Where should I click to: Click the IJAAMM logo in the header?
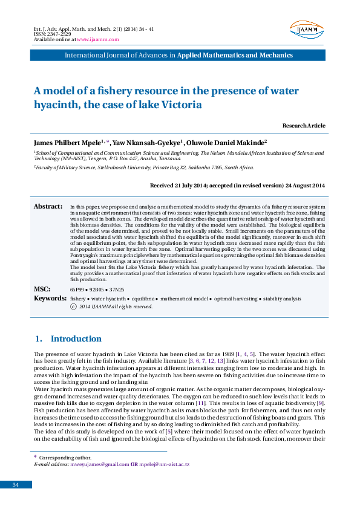(307, 30)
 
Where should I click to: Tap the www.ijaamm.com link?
(98, 39)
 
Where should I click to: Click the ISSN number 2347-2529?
(53, 34)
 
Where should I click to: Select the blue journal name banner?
(180, 55)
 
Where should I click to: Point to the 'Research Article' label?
(304, 126)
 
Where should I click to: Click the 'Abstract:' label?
(48, 207)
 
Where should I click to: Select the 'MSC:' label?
(42, 290)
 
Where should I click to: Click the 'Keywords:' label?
(49, 298)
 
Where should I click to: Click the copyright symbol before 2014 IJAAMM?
(73, 306)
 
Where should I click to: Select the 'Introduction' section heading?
(76, 339)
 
